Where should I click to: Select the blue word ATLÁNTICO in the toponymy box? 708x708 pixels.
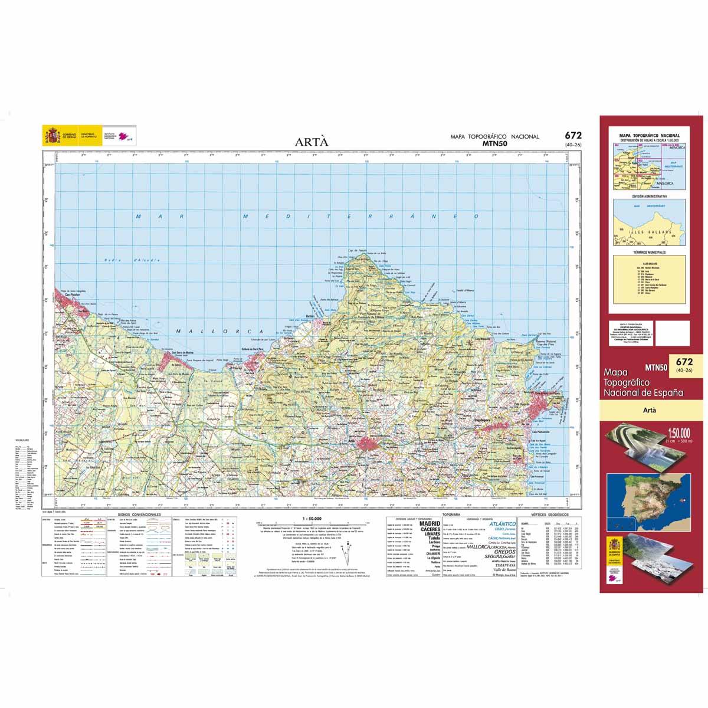[x=503, y=524]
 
